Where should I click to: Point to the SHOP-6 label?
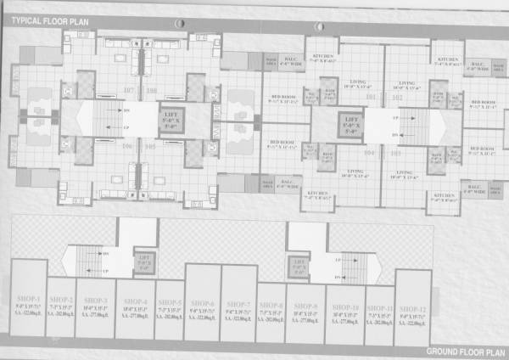click(x=202, y=302)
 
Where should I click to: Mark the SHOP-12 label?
click(x=412, y=307)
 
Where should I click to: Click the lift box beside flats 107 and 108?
click(x=170, y=118)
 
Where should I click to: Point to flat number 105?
click(x=150, y=146)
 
